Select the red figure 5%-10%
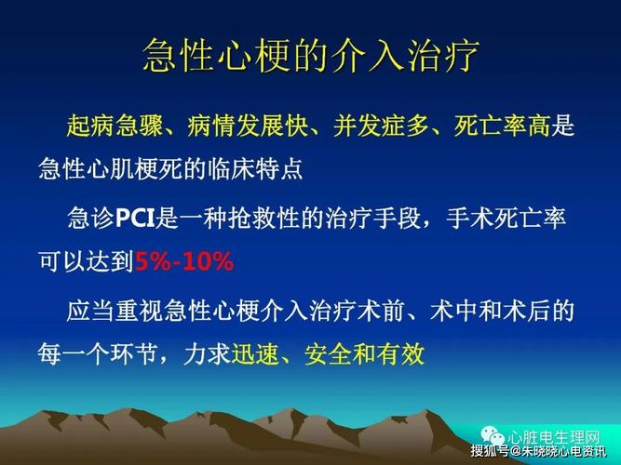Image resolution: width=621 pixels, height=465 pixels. [x=183, y=262]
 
